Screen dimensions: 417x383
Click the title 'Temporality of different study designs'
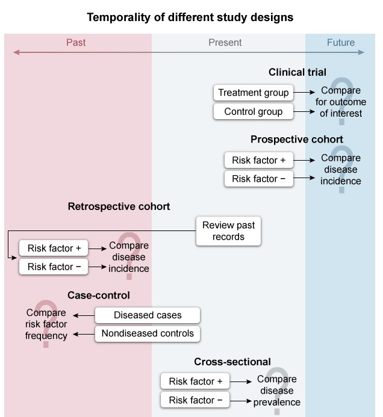pos(190,17)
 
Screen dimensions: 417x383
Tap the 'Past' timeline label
pos(76,42)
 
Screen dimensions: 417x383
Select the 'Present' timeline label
pos(225,42)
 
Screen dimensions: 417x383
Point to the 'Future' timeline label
pos(341,42)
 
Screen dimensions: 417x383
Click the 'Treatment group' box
pos(254,93)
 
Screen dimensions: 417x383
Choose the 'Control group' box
pos(254,111)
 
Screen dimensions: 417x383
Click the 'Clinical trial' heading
pos(297,72)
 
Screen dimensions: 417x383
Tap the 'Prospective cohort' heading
pos(297,140)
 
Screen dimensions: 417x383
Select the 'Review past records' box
pos(229,231)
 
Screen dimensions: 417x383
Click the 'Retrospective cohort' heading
pos(119,206)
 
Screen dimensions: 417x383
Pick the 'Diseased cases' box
pos(148,315)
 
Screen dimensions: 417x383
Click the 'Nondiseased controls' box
pos(148,333)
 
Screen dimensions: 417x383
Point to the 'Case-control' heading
pos(99,295)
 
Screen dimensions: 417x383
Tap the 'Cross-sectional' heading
pos(232,362)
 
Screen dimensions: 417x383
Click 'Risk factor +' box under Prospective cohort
pos(255,160)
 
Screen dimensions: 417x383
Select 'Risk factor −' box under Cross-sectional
pos(195,400)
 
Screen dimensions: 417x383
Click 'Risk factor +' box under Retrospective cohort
pos(54,247)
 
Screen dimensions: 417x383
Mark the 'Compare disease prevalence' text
pos(276,391)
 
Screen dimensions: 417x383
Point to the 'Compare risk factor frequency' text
pos(46,324)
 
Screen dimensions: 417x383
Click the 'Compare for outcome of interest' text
pos(341,102)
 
